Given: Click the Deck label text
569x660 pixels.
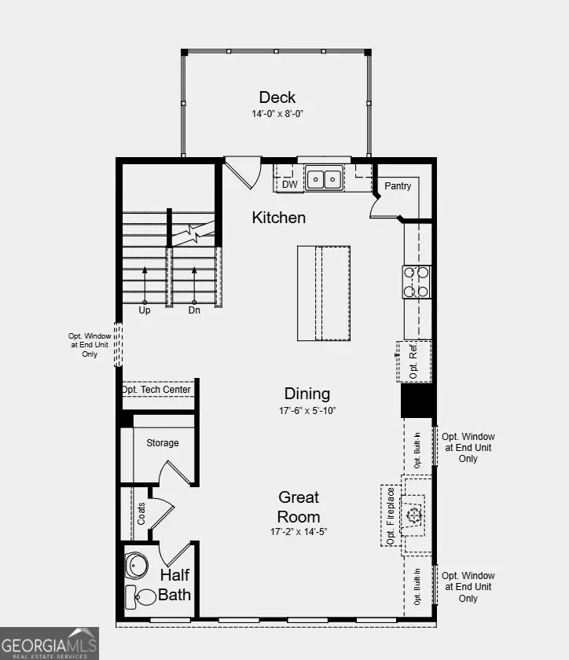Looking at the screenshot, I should tap(277, 97).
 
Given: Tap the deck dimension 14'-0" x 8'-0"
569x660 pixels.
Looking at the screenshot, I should tap(277, 114).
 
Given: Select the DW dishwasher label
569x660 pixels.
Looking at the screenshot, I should tap(290, 185).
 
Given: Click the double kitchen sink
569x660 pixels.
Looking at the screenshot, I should tap(323, 180).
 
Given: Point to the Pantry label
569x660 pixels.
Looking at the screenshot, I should tap(398, 186).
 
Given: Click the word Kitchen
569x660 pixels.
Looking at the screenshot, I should tap(278, 218).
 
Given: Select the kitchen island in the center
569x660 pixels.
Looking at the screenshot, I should tap(323, 293).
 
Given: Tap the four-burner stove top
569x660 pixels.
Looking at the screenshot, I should tap(417, 282).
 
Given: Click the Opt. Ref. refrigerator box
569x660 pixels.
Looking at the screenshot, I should tap(414, 361).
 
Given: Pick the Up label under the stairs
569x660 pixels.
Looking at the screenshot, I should tap(145, 310).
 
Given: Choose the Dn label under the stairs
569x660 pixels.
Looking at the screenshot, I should tap(193, 310).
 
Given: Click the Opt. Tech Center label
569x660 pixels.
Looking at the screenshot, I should tap(156, 390).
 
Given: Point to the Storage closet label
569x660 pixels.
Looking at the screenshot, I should tap(163, 443).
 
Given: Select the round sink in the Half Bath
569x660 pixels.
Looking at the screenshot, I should tap(138, 565).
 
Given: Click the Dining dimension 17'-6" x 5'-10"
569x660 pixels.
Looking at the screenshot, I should tap(307, 410).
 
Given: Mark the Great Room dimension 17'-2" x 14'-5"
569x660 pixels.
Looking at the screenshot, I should tap(299, 532).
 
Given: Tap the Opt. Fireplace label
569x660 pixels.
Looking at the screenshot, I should tap(390, 515).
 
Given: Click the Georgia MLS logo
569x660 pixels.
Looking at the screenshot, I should tap(50, 643).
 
